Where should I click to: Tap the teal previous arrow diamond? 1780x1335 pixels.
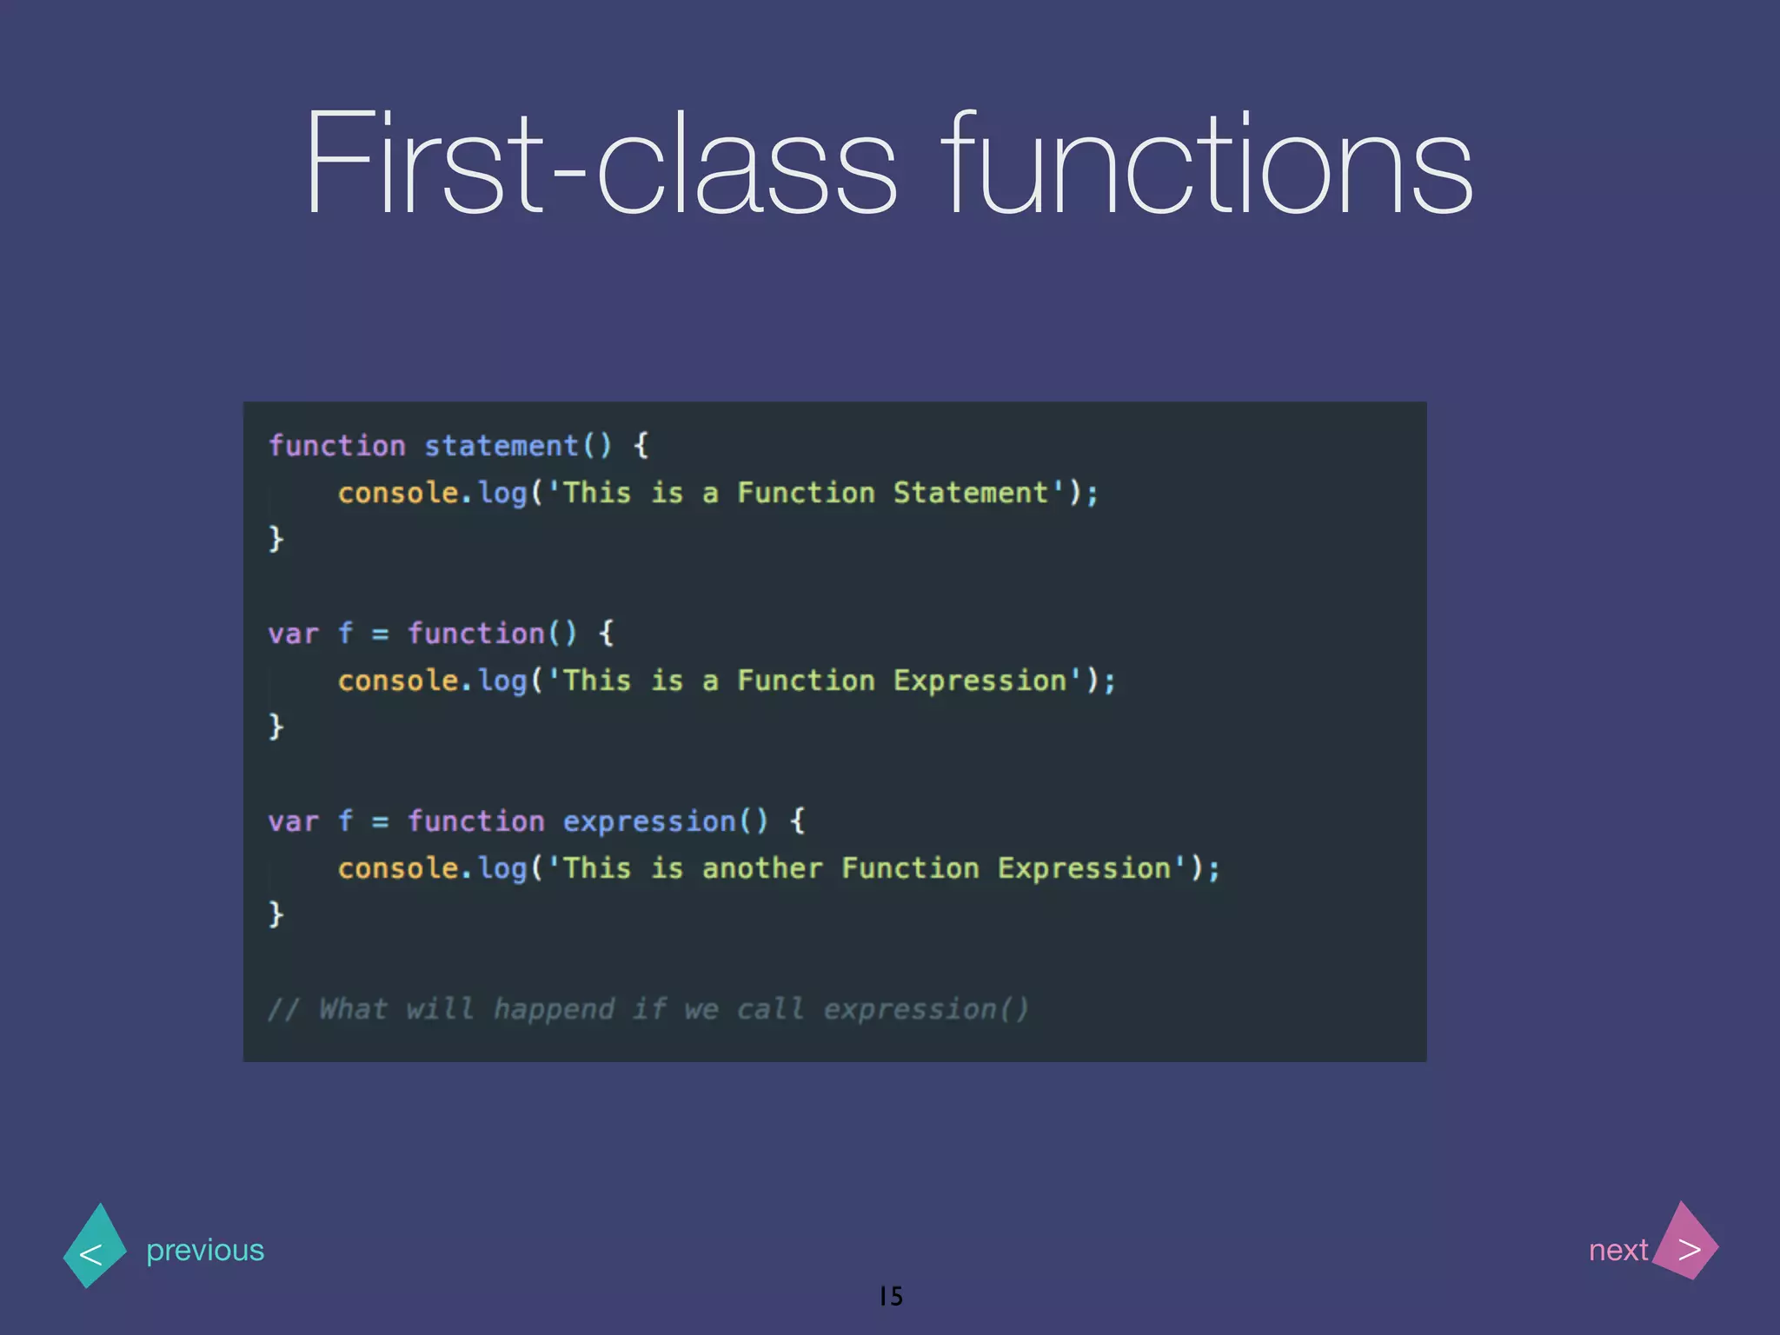(x=95, y=1245)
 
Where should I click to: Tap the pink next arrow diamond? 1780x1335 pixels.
(x=1685, y=1242)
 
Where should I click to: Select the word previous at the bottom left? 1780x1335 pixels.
(x=205, y=1250)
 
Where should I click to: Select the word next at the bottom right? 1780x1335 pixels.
(x=1617, y=1250)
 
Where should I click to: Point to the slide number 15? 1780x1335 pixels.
(x=891, y=1296)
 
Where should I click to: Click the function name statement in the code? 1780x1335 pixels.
(x=501, y=446)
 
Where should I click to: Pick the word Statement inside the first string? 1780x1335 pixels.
(x=971, y=493)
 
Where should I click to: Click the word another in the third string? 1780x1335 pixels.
(x=762, y=868)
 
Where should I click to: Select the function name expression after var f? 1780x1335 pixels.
(x=649, y=821)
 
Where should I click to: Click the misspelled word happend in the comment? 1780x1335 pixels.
(x=554, y=1009)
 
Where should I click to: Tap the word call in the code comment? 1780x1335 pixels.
(x=770, y=1009)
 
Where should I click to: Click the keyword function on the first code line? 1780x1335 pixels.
(x=337, y=446)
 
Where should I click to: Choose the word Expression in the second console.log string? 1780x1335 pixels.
(x=980, y=681)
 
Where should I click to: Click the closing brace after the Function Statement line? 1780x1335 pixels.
(x=276, y=539)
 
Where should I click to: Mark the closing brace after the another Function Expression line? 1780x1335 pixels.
(x=276, y=914)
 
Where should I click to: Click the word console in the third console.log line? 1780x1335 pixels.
(x=397, y=868)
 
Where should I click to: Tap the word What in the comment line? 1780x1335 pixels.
(x=353, y=1009)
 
